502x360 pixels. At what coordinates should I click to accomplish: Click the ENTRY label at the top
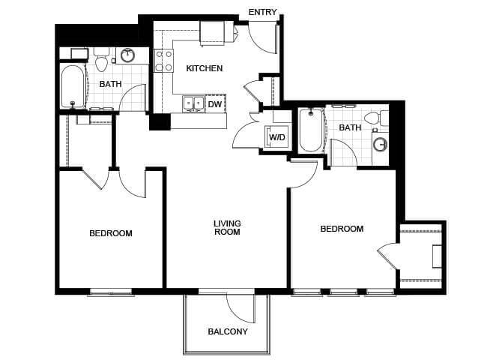click(x=262, y=12)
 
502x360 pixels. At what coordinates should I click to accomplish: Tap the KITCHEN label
click(x=205, y=68)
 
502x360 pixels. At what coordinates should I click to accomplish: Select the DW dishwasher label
click(x=215, y=104)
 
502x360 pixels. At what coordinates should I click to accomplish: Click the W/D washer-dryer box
click(x=276, y=137)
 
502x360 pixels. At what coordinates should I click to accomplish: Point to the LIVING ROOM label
click(x=226, y=227)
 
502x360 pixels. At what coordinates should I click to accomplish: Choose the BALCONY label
click(x=228, y=331)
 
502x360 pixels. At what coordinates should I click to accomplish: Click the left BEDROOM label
click(x=111, y=233)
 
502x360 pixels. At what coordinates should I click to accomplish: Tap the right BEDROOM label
click(x=342, y=229)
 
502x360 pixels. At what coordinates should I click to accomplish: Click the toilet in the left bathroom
click(x=102, y=57)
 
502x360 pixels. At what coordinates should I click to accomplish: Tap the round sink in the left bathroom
click(x=128, y=55)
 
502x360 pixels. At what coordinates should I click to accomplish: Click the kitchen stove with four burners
click(x=163, y=61)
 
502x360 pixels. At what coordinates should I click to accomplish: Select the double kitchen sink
click(x=193, y=103)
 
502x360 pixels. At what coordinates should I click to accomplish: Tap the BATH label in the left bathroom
click(x=111, y=84)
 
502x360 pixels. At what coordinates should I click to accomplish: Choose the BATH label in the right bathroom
click(x=350, y=127)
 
